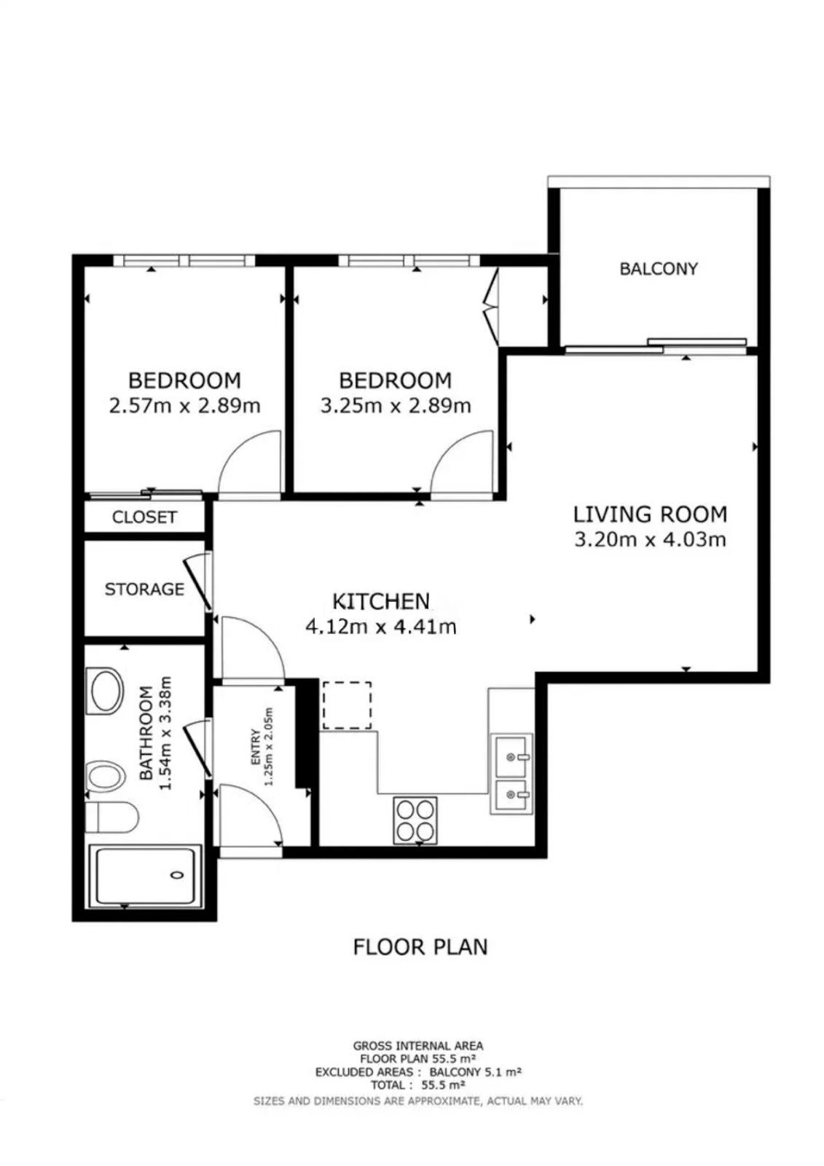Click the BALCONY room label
click(x=658, y=269)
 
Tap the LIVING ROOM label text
click(x=650, y=514)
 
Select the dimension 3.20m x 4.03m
click(x=650, y=539)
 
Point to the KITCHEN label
click(x=381, y=601)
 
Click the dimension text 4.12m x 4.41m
click(x=381, y=627)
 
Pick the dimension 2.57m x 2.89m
click(x=185, y=405)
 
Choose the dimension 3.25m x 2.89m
click(x=396, y=405)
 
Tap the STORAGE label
click(x=144, y=590)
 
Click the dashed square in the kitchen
click(x=348, y=705)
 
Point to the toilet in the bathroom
click(x=111, y=817)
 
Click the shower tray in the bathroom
click(x=145, y=875)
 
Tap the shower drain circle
click(x=178, y=875)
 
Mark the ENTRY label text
click(x=256, y=747)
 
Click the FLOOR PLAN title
click(x=420, y=947)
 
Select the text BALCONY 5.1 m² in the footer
click(x=475, y=1072)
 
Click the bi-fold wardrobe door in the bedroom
click(x=491, y=305)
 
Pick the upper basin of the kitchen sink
click(x=512, y=755)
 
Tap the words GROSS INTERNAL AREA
click(x=418, y=1045)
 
